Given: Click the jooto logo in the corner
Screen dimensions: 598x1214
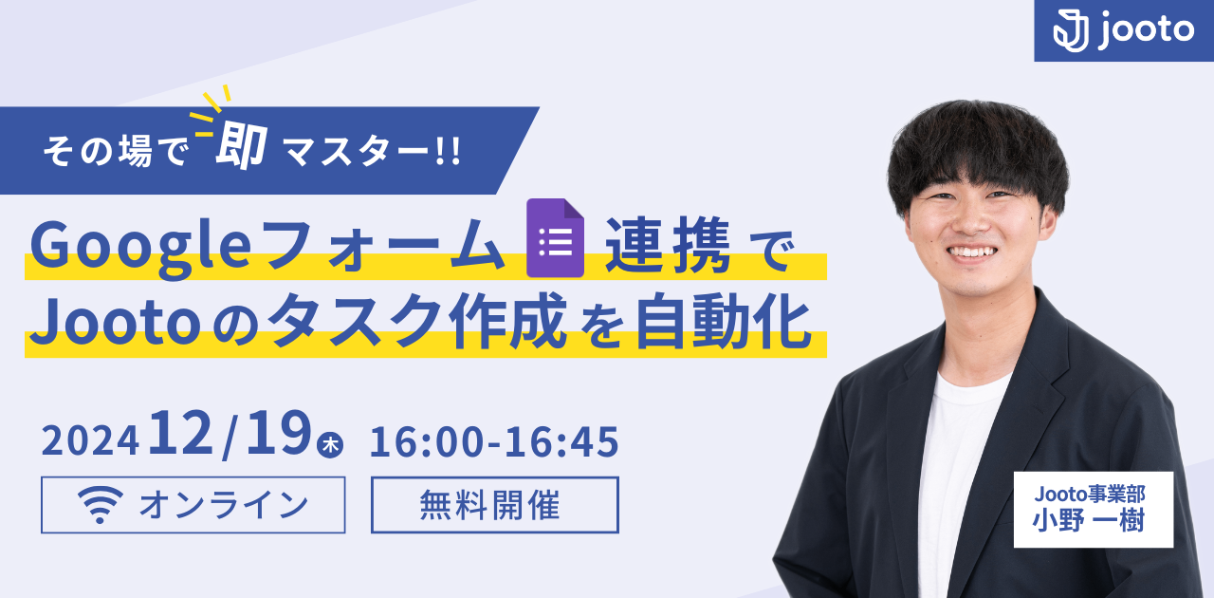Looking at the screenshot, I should (x=1124, y=30).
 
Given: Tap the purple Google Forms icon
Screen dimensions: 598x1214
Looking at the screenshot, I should (x=555, y=237).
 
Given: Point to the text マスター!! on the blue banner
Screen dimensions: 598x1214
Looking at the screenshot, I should (x=366, y=153).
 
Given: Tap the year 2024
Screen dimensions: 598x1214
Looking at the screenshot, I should (x=90, y=441).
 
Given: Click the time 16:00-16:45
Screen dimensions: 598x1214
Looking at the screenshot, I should (x=494, y=441).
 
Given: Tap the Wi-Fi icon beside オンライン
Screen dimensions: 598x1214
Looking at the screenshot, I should (x=101, y=506).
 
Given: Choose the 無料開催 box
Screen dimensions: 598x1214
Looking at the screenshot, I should (x=494, y=505).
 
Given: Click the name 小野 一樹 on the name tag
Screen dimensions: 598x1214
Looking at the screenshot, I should (x=1093, y=521).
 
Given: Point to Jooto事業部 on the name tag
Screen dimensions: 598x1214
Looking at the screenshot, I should (x=1093, y=495).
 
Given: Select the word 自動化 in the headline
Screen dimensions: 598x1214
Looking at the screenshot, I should (x=723, y=324).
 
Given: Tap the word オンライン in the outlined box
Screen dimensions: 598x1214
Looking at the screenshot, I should (x=224, y=505).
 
